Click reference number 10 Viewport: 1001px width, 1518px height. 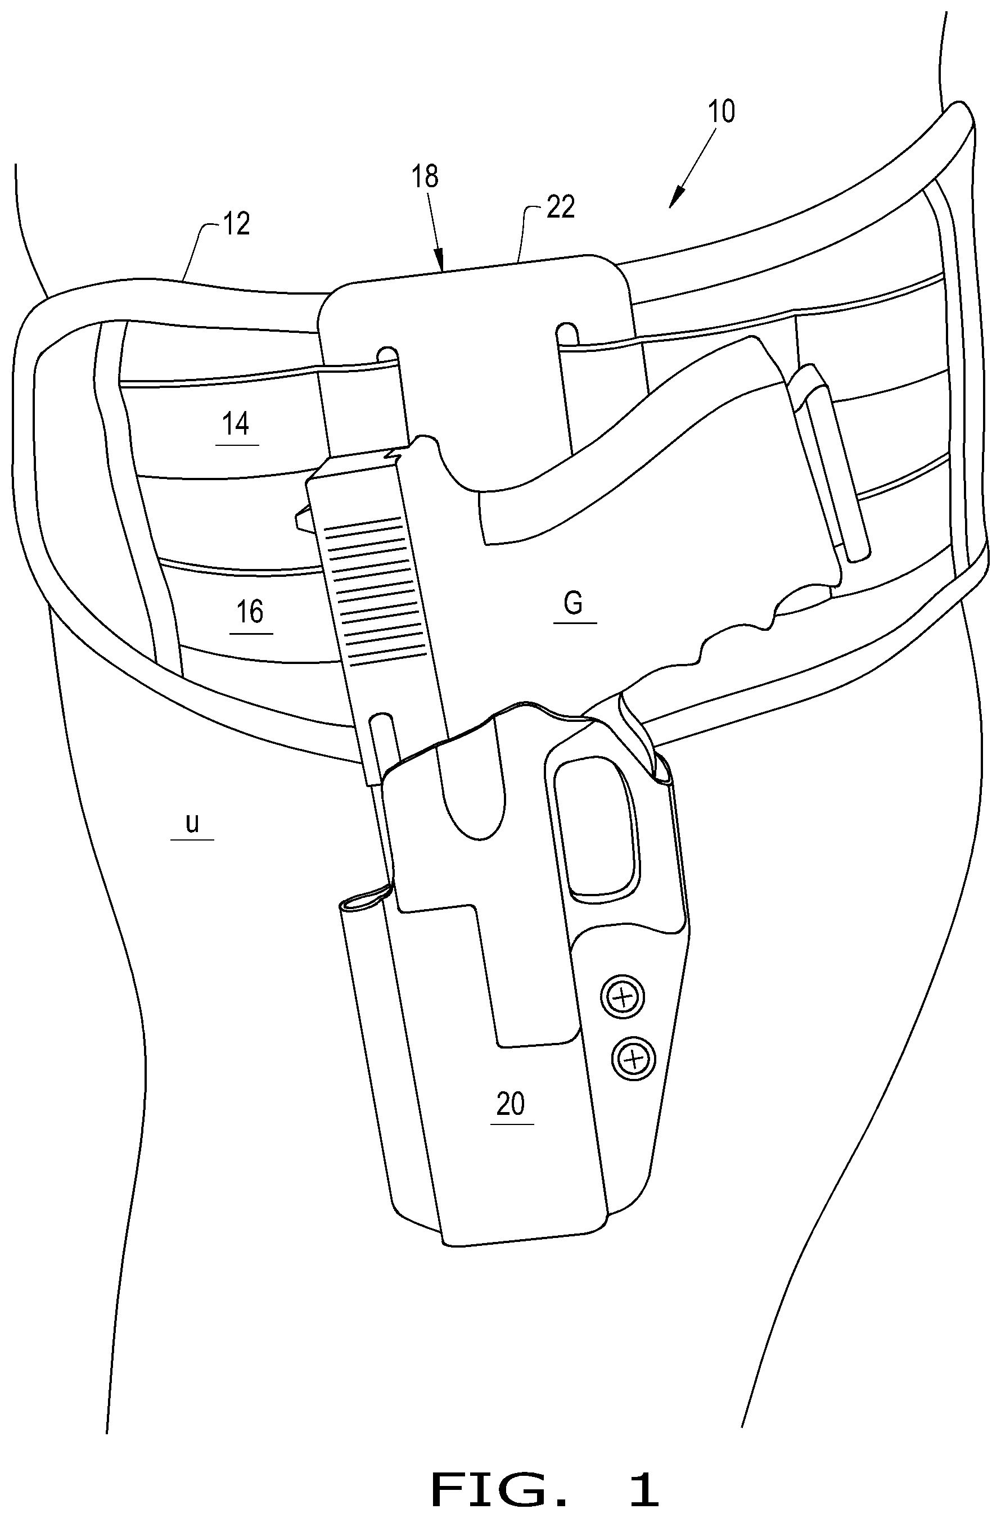click(722, 112)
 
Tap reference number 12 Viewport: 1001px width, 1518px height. click(236, 224)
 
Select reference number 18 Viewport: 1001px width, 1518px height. click(425, 176)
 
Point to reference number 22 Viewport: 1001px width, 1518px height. click(561, 207)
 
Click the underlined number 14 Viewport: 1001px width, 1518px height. click(236, 424)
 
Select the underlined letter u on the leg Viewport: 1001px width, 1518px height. click(192, 823)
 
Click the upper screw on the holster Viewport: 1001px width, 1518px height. click(622, 996)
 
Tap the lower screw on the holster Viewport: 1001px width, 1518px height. click(633, 1059)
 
